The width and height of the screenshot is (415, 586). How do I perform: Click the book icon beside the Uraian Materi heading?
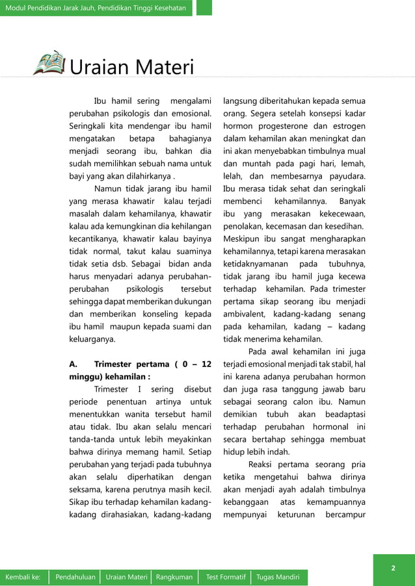coord(50,63)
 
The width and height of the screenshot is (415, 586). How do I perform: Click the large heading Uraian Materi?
coord(132,68)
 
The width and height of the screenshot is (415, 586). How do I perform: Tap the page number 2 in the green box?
coord(393,568)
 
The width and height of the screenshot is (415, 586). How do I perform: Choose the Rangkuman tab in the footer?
coord(174,577)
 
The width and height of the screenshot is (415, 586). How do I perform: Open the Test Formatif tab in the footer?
coord(225,577)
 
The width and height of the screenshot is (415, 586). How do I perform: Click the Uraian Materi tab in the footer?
coord(126,577)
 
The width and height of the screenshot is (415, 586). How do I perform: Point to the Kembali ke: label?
coord(23,577)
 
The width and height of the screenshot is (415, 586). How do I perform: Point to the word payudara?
coord(345,176)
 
